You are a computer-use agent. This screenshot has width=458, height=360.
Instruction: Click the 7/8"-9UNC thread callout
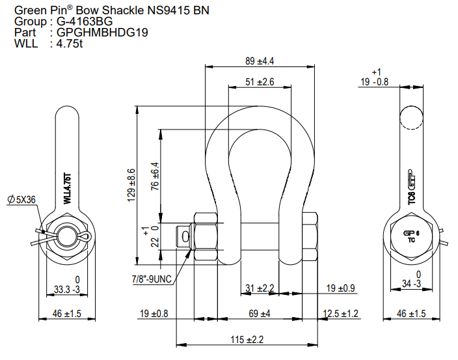152,279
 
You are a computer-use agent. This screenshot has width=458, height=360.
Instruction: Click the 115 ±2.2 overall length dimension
247,339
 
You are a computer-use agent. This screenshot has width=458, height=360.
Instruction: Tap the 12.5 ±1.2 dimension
341,314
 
